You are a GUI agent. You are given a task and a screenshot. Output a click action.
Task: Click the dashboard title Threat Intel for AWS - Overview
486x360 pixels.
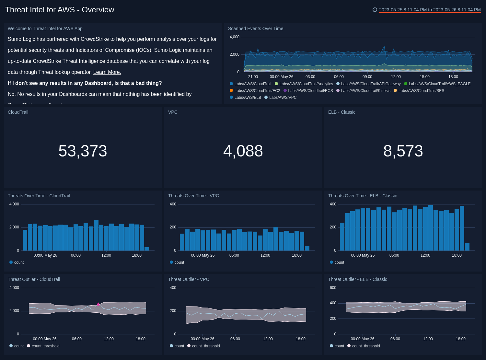(x=60, y=10)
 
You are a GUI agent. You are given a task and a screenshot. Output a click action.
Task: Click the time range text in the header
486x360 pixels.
(x=430, y=10)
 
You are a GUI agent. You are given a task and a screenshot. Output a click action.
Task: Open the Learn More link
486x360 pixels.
(x=107, y=72)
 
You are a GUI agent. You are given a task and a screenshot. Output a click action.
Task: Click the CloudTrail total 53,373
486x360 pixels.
(x=83, y=151)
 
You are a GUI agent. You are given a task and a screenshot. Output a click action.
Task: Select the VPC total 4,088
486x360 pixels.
(x=243, y=151)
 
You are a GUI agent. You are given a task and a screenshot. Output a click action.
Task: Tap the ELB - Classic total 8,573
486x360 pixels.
(x=403, y=151)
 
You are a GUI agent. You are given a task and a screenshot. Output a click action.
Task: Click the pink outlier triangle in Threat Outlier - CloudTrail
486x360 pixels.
(x=98, y=304)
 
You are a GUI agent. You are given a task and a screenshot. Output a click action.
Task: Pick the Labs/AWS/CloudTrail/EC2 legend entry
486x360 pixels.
(x=257, y=91)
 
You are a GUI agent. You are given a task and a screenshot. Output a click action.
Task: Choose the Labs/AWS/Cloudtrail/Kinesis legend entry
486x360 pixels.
(x=365, y=91)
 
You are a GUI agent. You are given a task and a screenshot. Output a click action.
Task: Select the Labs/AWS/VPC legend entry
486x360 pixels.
(x=283, y=98)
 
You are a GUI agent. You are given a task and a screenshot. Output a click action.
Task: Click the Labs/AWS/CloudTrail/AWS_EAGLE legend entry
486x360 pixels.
(x=439, y=84)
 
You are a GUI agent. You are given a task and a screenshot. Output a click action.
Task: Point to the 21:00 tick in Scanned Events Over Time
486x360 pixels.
(x=253, y=77)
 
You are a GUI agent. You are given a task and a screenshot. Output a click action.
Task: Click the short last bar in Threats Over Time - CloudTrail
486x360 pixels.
(x=147, y=249)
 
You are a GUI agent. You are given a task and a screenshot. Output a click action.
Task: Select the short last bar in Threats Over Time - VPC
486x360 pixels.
(x=307, y=248)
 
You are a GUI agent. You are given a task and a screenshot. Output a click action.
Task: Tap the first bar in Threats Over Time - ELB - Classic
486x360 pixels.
(x=342, y=237)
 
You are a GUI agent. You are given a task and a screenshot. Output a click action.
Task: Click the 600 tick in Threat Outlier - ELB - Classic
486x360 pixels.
(x=333, y=288)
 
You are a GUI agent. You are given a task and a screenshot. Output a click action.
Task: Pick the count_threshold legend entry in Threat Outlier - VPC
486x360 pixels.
(x=206, y=346)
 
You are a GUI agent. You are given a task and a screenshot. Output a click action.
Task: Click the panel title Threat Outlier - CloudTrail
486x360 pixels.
(x=34, y=279)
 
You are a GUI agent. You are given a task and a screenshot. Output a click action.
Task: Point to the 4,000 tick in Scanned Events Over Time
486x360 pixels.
(x=234, y=37)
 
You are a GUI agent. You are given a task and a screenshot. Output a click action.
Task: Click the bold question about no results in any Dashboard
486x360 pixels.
(x=85, y=83)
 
